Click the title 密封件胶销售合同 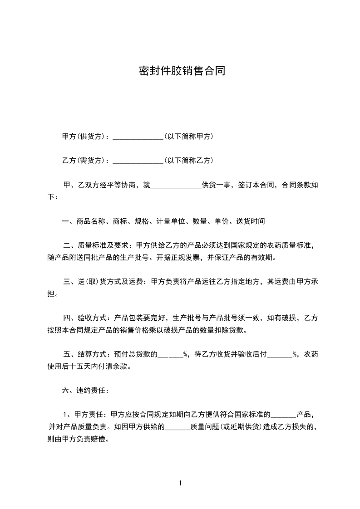click(182, 71)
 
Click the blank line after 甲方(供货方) click(138, 137)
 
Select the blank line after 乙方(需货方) click(138, 161)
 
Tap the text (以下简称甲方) click(189, 137)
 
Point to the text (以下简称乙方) click(189, 161)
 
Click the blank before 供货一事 click(175, 185)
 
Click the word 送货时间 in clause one click(250, 221)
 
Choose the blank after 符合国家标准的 click(283, 415)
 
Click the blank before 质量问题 click(177, 427)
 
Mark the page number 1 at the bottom click(180, 483)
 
